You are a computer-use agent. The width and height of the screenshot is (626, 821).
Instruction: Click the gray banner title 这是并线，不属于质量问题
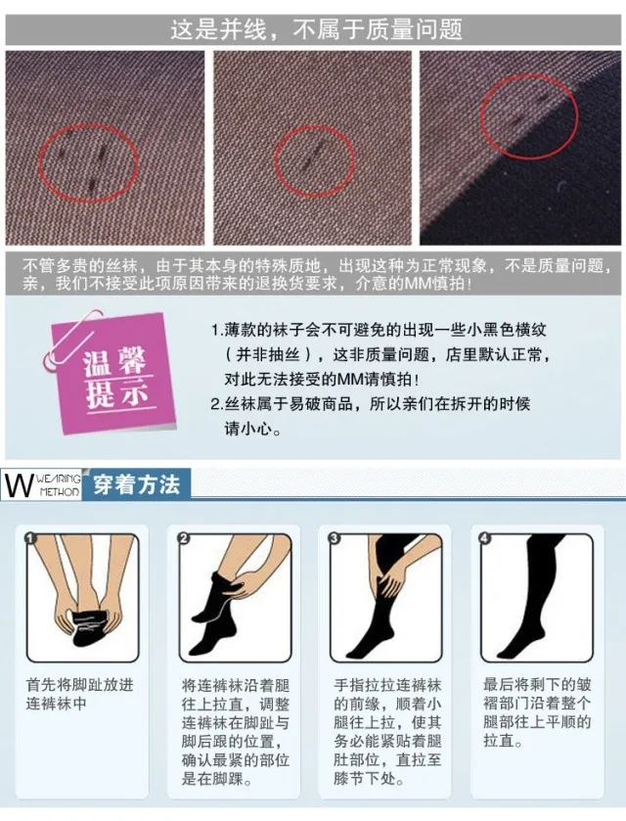click(316, 29)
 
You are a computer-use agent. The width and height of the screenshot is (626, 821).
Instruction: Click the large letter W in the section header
click(19, 484)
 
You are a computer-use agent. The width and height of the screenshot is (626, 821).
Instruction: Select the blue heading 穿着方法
click(137, 484)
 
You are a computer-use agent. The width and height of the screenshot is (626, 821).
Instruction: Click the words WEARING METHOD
click(59, 484)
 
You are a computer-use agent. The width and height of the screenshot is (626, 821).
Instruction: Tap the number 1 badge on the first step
click(30, 538)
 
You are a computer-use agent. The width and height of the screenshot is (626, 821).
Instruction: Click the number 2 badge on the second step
click(183, 538)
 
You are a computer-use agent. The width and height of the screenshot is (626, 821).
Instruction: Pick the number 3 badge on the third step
click(334, 538)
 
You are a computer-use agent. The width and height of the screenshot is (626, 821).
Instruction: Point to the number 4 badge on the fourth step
click(485, 538)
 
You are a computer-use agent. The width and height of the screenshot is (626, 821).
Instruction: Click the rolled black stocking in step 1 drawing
click(90, 626)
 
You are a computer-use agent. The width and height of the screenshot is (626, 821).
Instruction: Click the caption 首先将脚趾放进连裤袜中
click(80, 694)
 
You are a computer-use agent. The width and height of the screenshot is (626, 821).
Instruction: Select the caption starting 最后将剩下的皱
click(537, 712)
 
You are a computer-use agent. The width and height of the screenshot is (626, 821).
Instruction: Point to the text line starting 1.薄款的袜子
click(379, 330)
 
